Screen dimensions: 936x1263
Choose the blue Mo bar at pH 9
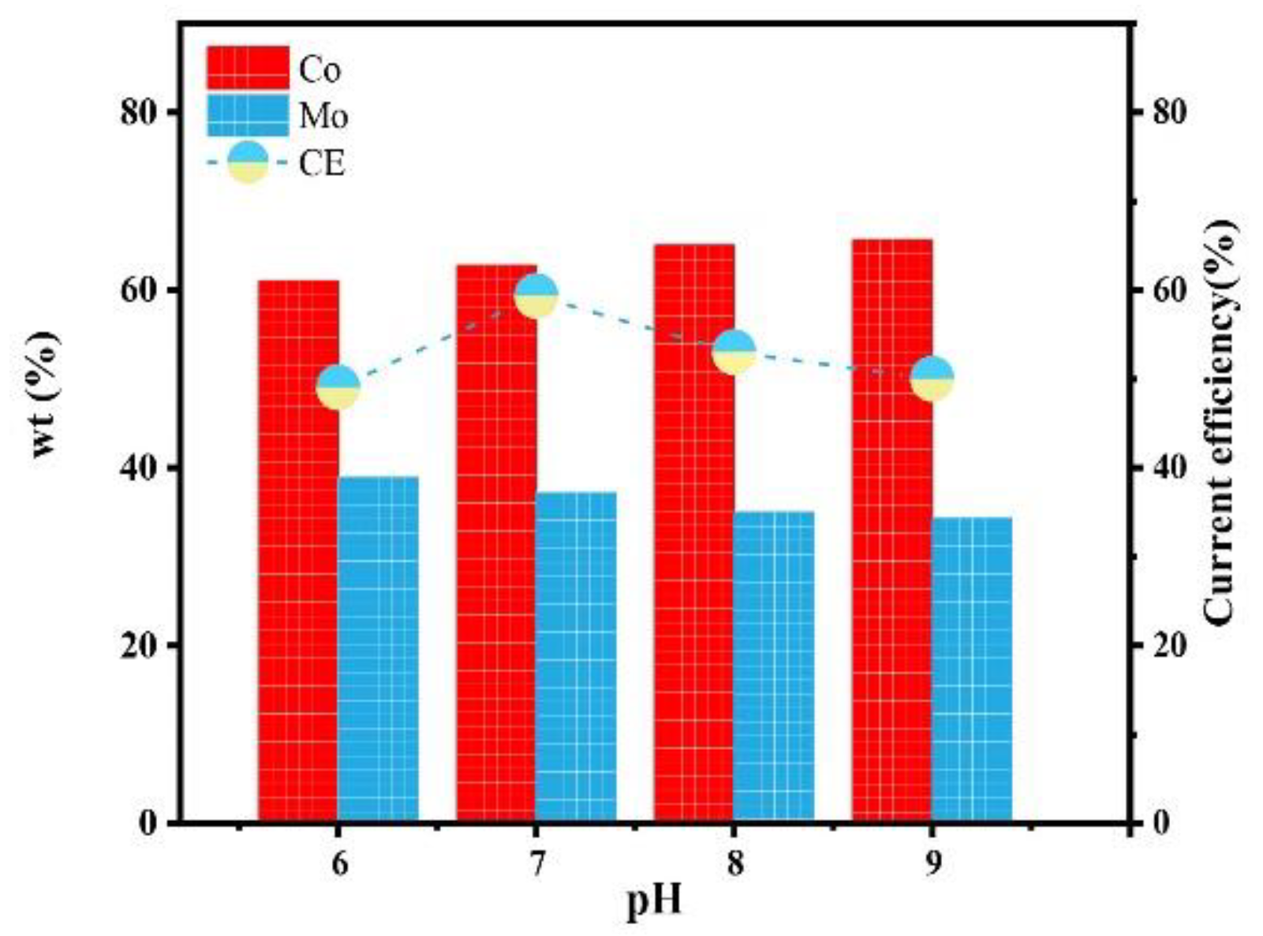click(x=972, y=669)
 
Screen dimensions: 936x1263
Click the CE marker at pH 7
click(x=536, y=296)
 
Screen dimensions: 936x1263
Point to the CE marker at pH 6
click(x=338, y=387)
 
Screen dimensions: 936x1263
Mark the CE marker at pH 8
click(x=734, y=351)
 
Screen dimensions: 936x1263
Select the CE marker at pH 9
click(x=932, y=379)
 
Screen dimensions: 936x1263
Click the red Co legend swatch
click(x=248, y=68)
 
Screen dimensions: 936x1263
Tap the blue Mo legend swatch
click(x=248, y=115)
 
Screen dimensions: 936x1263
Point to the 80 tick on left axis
click(x=138, y=113)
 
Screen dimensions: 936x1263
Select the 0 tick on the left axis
click(x=148, y=823)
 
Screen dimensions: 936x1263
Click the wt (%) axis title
click(x=45, y=394)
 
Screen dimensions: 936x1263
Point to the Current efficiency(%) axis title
click(x=1220, y=422)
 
